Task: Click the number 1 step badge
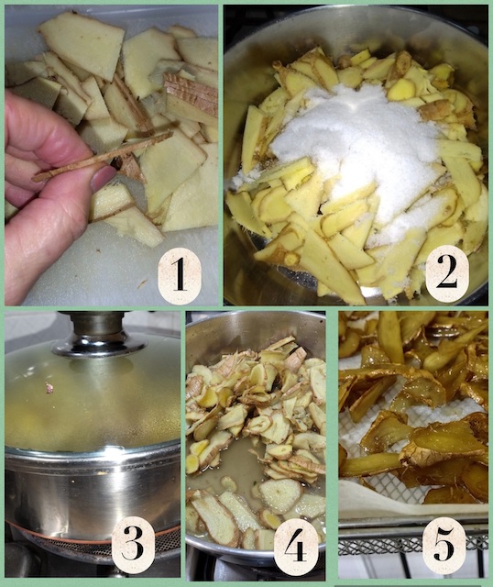pos(180,276)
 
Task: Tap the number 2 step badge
pos(447,273)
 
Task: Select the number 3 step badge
pos(133,545)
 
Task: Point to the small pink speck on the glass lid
pos(49,388)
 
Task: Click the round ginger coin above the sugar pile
pos(401,90)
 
